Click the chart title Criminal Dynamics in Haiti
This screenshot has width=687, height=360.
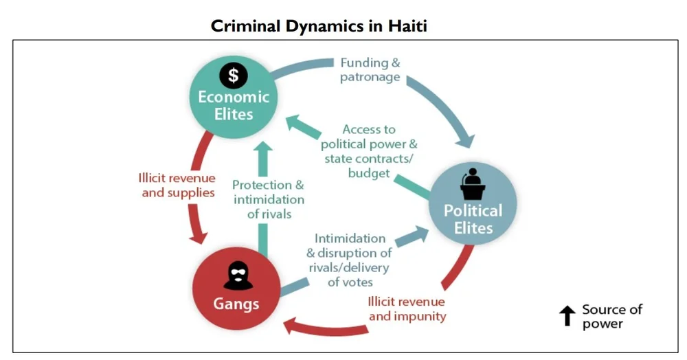[319, 26]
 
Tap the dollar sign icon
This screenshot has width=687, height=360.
[233, 74]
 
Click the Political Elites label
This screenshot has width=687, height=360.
[473, 218]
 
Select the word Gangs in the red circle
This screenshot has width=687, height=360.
[236, 303]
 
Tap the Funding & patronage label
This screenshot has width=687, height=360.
[370, 69]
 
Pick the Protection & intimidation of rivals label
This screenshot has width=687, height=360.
[268, 199]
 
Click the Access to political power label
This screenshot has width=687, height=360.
[369, 151]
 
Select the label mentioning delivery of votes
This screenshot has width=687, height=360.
[350, 260]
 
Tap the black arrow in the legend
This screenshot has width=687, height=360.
[567, 316]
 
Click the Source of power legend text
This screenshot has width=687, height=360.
[611, 316]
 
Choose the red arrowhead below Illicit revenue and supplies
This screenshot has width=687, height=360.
[199, 235]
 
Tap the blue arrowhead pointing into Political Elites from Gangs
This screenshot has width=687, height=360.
[417, 236]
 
